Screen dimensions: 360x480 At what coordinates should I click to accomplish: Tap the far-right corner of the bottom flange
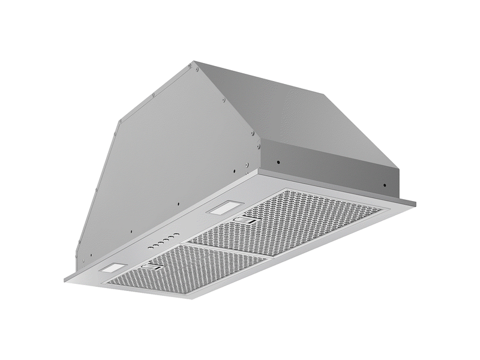pos(418,200)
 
